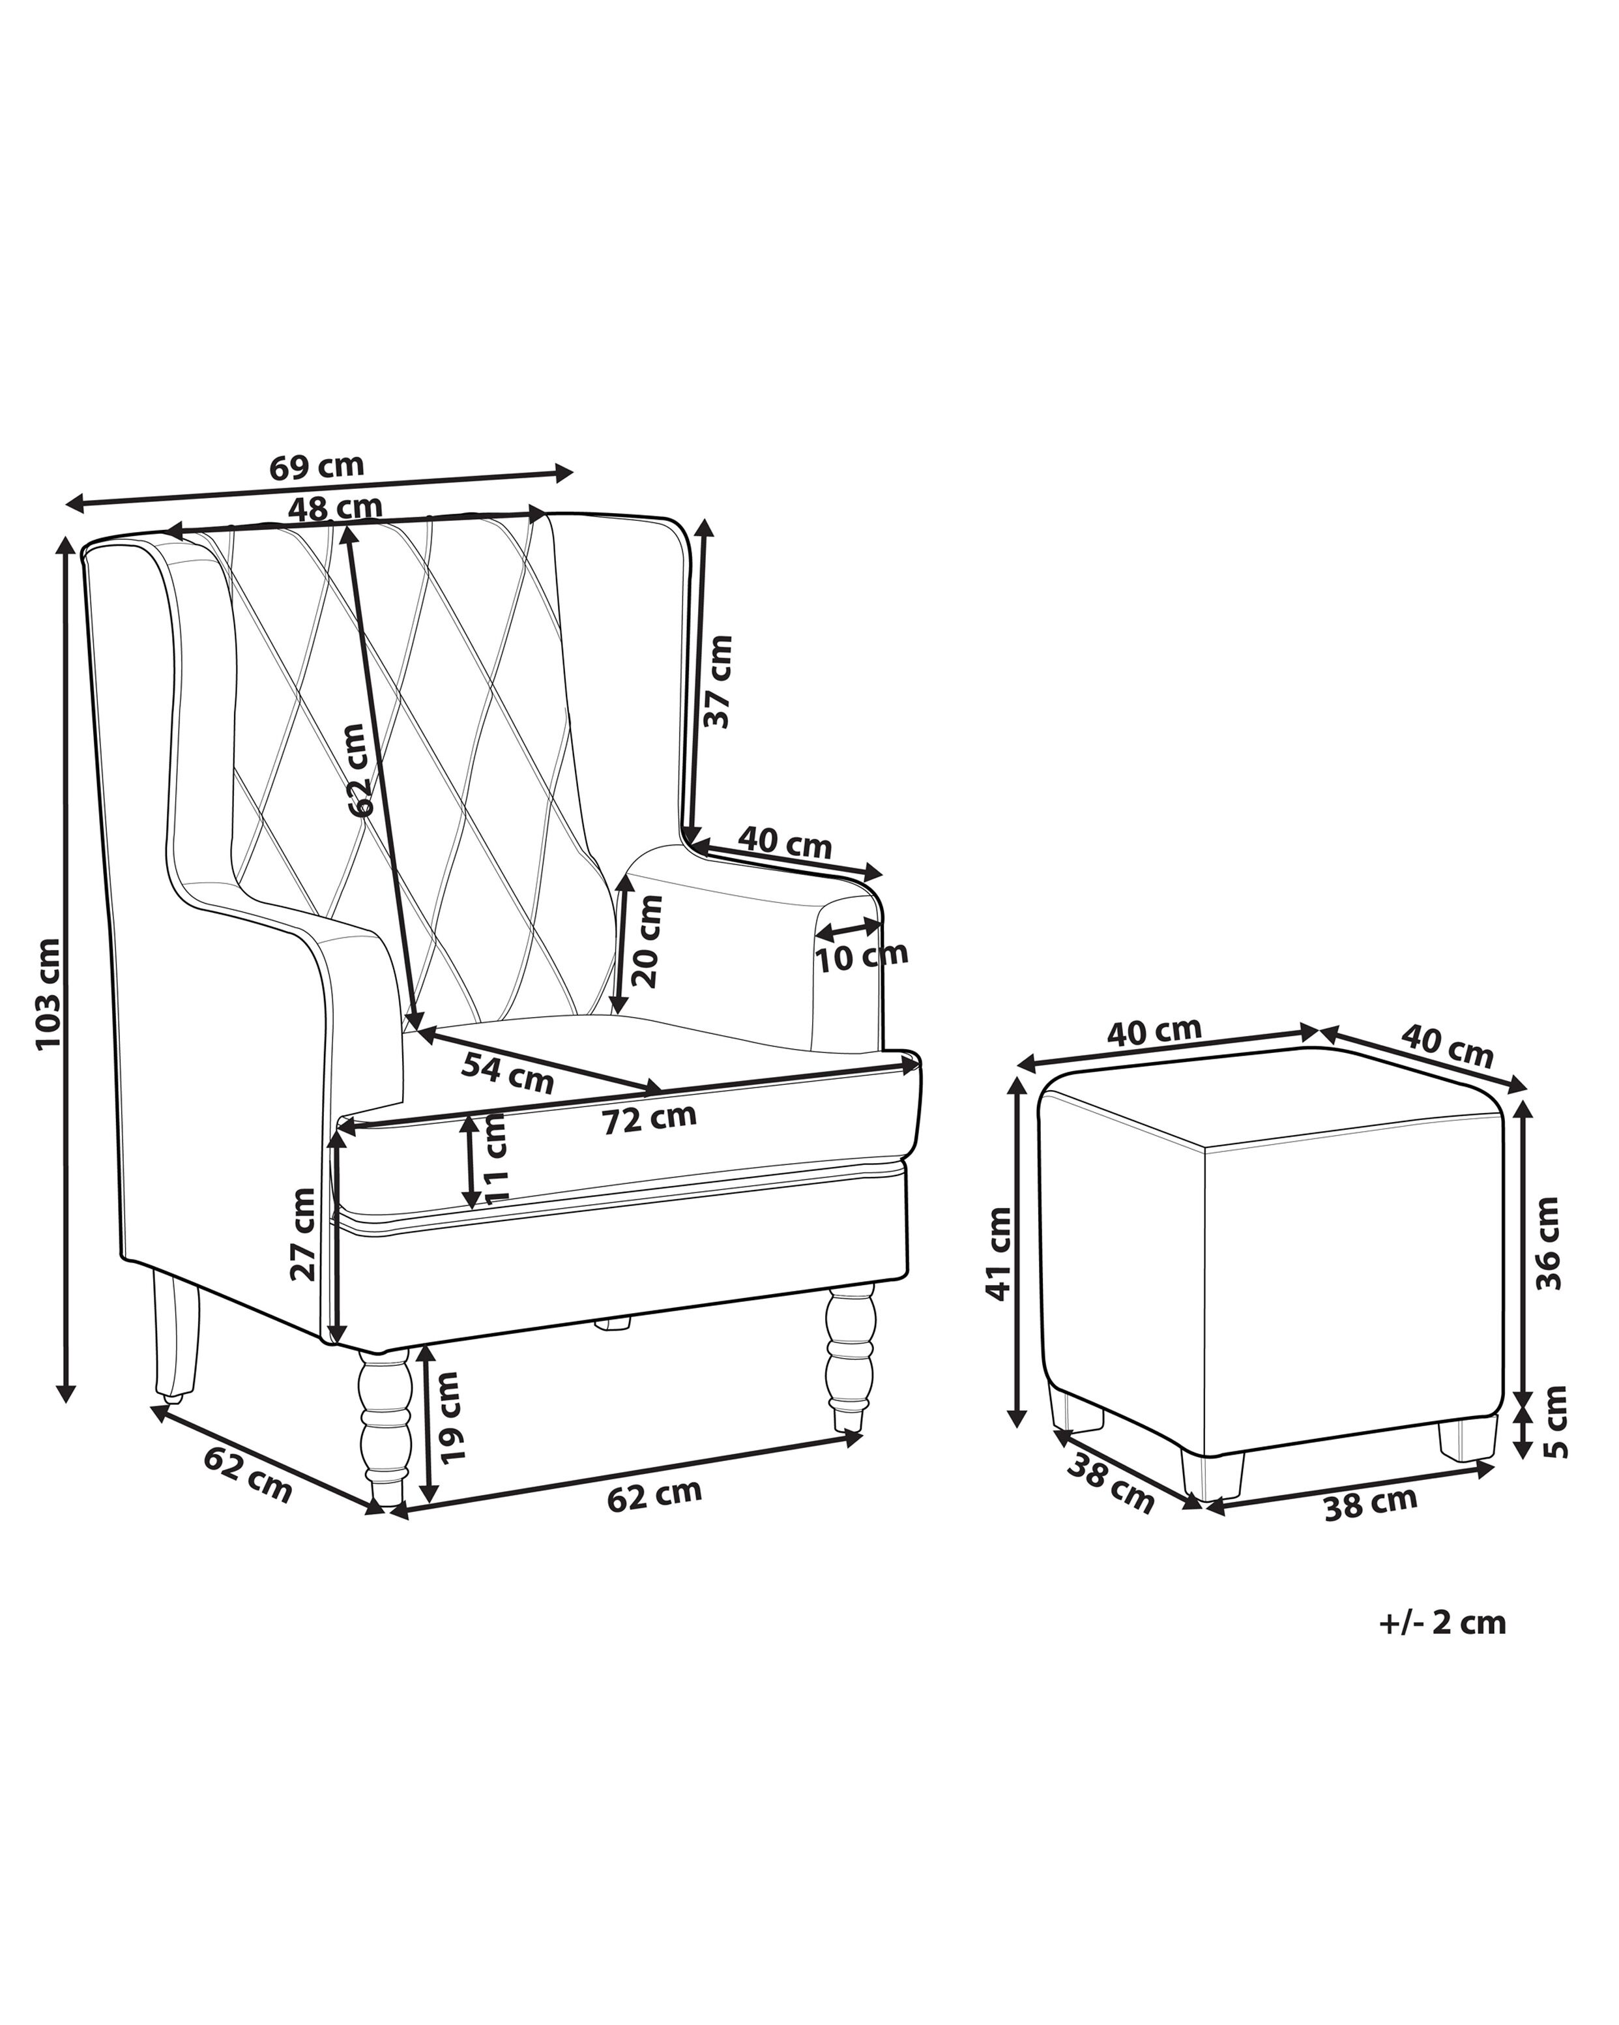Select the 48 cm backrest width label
pyautogui.click(x=335, y=507)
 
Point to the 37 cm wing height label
pyautogui.click(x=718, y=681)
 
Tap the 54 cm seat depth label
pyautogui.click(x=507, y=1072)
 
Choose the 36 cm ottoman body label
pyautogui.click(x=1549, y=1243)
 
